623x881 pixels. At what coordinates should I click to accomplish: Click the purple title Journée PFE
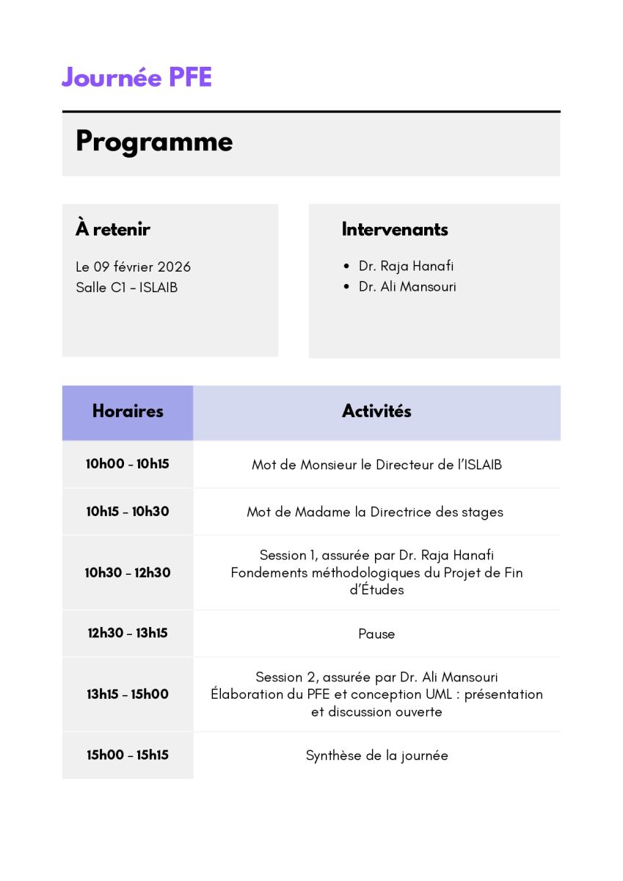[x=136, y=77]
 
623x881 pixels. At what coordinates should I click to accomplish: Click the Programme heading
[x=154, y=142]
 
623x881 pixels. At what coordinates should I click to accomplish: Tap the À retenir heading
[x=113, y=229]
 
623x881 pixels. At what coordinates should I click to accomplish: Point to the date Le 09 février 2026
[x=133, y=267]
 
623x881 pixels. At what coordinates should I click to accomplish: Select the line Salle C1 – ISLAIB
[x=126, y=287]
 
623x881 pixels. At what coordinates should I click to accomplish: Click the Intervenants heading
[x=395, y=229]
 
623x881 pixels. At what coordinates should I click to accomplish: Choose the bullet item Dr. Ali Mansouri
[x=407, y=287]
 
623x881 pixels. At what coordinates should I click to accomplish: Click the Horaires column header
[x=128, y=411]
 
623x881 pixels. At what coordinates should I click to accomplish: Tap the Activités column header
[x=376, y=411]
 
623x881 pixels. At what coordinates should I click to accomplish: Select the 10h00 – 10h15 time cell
[x=128, y=464]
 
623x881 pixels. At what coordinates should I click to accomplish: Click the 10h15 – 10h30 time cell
[x=128, y=512]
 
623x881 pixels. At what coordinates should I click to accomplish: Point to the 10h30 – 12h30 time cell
[x=128, y=573]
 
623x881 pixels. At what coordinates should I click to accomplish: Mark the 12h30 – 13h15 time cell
[x=128, y=633]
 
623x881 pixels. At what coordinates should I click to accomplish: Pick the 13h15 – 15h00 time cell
[x=128, y=694]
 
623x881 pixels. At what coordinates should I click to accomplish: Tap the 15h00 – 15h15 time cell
[x=128, y=755]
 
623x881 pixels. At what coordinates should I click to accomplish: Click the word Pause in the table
[x=376, y=634]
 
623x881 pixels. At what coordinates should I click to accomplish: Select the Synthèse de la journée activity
[x=376, y=755]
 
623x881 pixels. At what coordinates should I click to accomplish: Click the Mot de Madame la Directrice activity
[x=375, y=512]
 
